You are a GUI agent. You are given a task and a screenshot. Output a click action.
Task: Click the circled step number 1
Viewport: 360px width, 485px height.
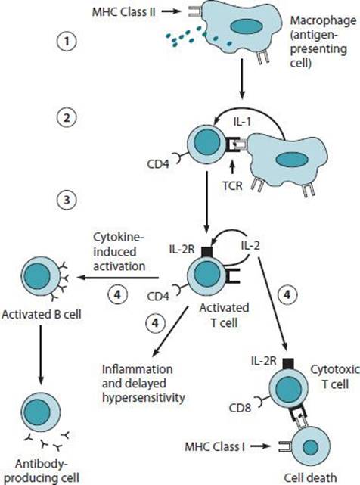point(67,42)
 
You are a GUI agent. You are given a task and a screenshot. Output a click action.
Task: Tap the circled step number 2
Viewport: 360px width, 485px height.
point(67,118)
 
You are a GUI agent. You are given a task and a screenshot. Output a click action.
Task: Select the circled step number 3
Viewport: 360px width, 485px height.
point(67,200)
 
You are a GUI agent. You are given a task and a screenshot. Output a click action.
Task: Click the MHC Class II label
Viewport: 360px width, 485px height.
point(124,12)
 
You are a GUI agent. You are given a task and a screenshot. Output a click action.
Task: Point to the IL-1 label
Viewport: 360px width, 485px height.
point(242,122)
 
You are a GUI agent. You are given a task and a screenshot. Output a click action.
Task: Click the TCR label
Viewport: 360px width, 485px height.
point(233,186)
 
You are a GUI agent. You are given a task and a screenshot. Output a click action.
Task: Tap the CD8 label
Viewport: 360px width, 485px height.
point(240,408)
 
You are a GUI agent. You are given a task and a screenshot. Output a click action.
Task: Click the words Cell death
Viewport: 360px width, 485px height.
point(310,477)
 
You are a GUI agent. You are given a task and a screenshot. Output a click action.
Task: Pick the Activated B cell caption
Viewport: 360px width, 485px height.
point(42,315)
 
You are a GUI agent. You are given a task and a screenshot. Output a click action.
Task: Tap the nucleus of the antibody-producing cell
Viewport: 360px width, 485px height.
point(37,412)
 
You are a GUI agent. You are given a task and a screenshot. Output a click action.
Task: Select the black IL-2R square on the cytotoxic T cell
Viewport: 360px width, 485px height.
point(288,364)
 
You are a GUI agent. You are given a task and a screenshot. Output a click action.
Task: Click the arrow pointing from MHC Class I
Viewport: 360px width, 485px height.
point(260,446)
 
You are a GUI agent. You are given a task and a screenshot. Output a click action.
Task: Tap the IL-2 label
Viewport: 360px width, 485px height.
point(250,246)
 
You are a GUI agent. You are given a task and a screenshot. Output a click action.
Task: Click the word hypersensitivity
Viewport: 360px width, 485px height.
point(144,398)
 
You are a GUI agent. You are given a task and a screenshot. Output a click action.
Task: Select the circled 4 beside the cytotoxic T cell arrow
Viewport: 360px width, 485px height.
point(287,294)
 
